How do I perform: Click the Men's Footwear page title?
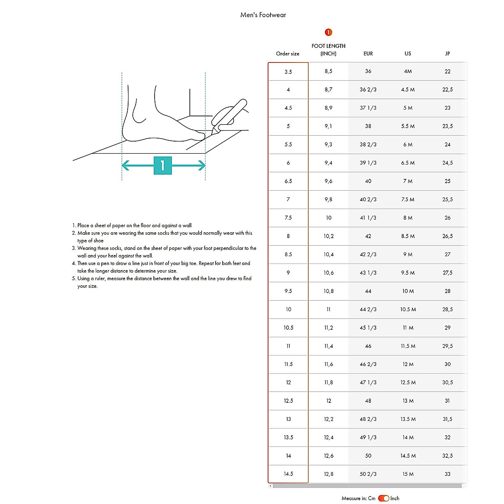coord(263,15)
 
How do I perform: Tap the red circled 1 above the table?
coord(328,32)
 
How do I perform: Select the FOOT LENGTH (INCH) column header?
coord(328,50)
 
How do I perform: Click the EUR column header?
coord(368,54)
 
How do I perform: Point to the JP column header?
coord(447,54)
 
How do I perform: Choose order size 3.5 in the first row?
coord(288,72)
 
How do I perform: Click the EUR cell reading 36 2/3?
coord(368,89)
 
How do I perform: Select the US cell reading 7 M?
coord(407,181)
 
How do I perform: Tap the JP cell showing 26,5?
coord(447,236)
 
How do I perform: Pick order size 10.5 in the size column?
coord(288,328)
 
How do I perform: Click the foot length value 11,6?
coord(328,364)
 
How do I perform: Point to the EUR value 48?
coord(368,401)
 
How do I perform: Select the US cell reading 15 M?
coord(407,474)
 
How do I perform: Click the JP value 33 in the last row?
coord(447,474)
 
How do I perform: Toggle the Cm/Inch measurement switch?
coord(383,498)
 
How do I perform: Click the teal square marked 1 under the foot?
coord(163,165)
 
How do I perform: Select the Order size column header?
coord(288,54)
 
